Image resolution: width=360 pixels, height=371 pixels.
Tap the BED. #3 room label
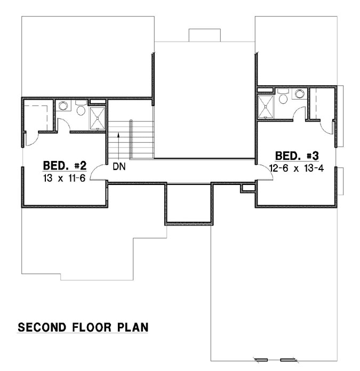pos(297,156)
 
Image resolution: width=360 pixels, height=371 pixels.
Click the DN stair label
pos(119,167)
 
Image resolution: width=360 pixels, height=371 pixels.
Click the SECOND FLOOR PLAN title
pos(83,327)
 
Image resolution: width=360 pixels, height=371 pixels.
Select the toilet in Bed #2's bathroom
pos(81,109)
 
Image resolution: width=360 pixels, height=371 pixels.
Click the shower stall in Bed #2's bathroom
pos(98,118)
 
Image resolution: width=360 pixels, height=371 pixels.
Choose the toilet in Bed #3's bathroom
pos(283,98)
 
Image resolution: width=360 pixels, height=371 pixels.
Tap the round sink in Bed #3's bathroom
pos(299,94)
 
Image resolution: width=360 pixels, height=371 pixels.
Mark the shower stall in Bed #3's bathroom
pos(265,106)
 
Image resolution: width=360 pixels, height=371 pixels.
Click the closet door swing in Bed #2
pos(31,138)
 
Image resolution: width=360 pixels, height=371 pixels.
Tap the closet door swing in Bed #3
pos(327,126)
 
